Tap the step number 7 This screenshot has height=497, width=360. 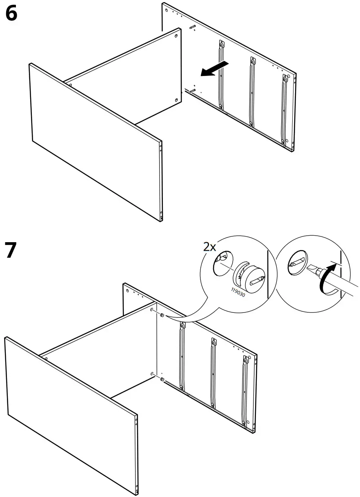(x=12, y=250)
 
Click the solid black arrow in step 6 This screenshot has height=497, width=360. (x=213, y=69)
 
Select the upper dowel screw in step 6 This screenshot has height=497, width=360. (x=193, y=27)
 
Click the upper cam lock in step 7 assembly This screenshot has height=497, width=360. (x=162, y=315)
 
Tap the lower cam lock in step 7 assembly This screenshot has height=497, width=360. (x=162, y=380)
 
